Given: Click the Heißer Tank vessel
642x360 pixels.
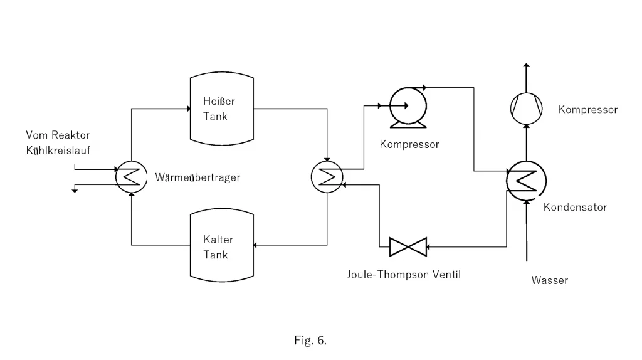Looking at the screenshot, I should pyautogui.click(x=222, y=109).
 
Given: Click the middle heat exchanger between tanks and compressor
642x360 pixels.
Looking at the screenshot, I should pyautogui.click(x=327, y=177).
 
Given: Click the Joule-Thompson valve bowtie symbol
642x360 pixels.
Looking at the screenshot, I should pyautogui.click(x=408, y=247).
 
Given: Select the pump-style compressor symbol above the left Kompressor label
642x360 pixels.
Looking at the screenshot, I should pyautogui.click(x=408, y=105).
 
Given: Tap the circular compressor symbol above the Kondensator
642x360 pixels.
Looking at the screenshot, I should pyautogui.click(x=526, y=109).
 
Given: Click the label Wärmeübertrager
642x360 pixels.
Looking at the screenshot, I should pyautogui.click(x=197, y=177).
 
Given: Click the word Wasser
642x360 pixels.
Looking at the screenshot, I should pyautogui.click(x=549, y=280).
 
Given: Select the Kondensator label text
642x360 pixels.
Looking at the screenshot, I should pyautogui.click(x=575, y=207).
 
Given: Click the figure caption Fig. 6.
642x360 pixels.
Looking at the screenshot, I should pyautogui.click(x=310, y=341).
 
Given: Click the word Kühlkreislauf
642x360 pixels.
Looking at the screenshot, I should pyautogui.click(x=58, y=150).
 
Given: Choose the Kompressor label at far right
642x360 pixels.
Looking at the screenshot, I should pyautogui.click(x=587, y=110).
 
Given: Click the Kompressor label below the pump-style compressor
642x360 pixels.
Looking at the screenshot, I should pyautogui.click(x=409, y=144).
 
